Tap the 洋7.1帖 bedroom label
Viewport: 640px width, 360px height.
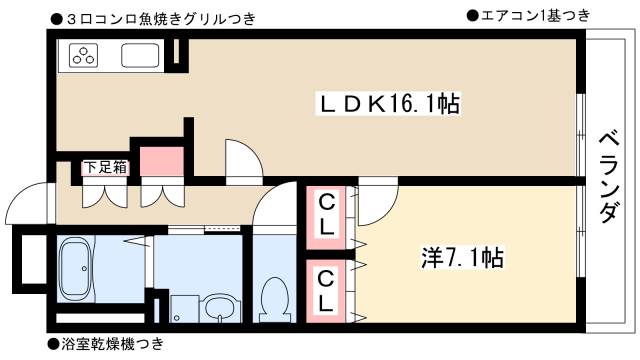[x=460, y=258]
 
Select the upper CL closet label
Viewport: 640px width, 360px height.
[x=327, y=215]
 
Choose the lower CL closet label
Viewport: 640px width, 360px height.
[x=327, y=288]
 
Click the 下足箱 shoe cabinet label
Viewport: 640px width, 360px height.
[x=105, y=167]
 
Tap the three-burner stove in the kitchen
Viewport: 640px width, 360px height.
[x=84, y=56]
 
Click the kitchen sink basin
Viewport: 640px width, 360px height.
[x=142, y=57]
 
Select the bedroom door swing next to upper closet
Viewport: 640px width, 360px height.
[x=374, y=205]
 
